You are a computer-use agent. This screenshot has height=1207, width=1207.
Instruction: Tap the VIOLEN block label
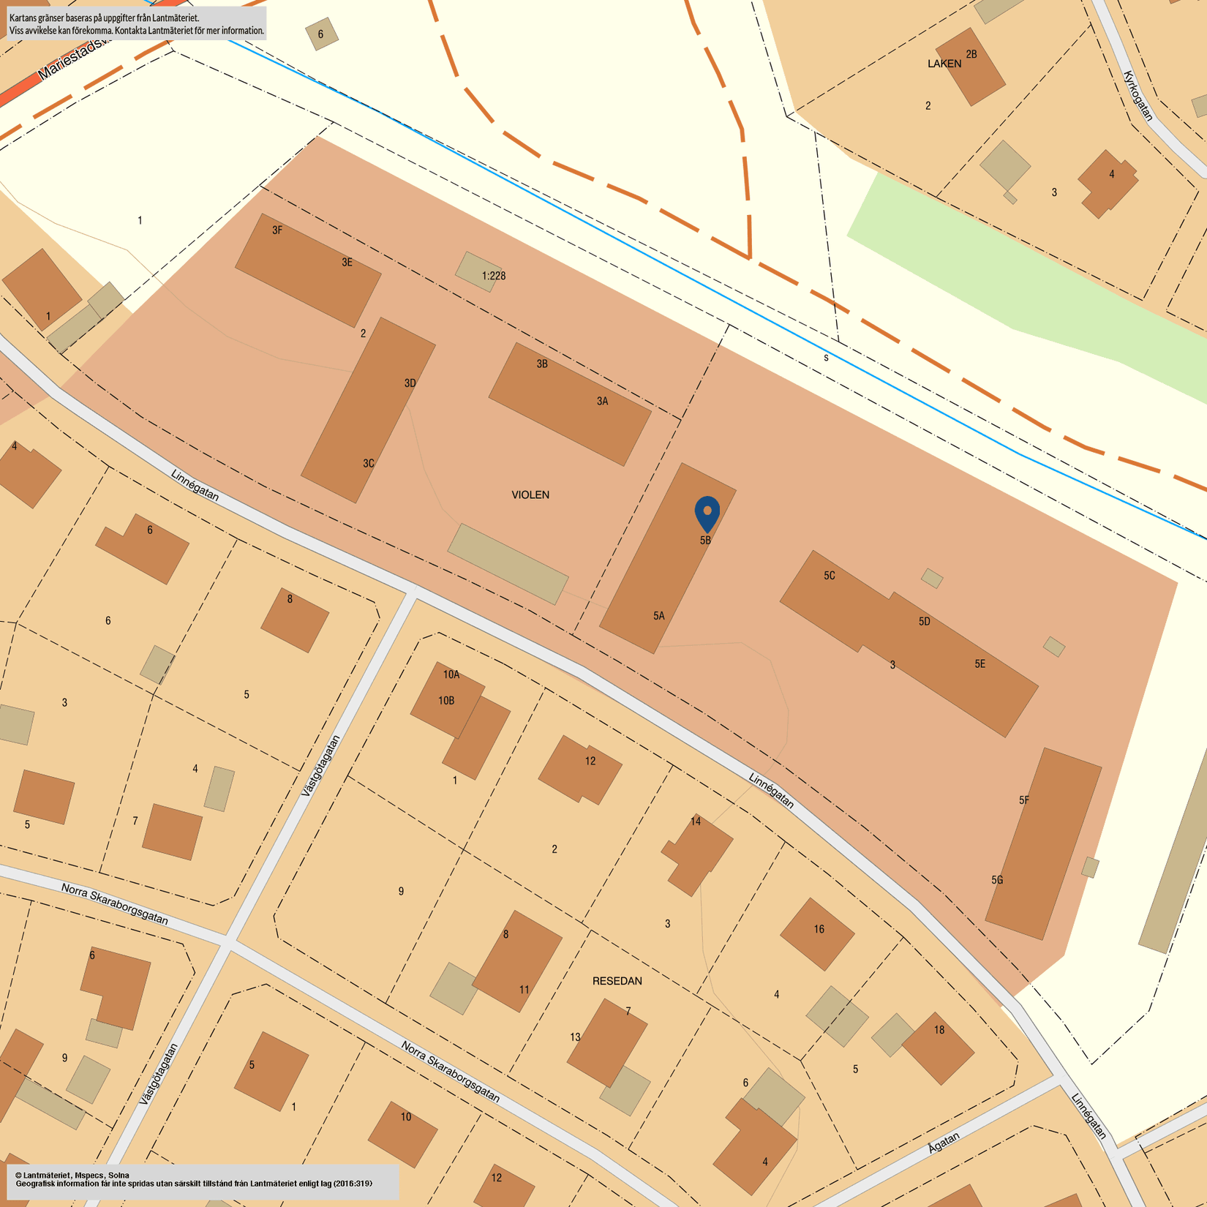[530, 495]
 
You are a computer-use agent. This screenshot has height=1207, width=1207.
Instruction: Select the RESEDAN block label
[617, 981]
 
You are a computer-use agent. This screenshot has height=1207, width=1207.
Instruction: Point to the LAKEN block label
[944, 64]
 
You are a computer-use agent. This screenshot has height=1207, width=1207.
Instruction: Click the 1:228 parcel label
[494, 276]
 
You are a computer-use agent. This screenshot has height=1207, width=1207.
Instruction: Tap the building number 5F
[1023, 800]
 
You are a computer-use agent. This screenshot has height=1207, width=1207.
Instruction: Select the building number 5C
[829, 576]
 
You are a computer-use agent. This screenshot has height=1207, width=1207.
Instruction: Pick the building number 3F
[277, 230]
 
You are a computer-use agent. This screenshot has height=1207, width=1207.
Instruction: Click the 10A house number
[451, 674]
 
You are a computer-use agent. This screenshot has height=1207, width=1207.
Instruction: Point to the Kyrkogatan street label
[1138, 96]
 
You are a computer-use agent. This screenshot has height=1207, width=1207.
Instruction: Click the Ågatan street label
[944, 1143]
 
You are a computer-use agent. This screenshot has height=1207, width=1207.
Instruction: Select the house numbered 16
[818, 930]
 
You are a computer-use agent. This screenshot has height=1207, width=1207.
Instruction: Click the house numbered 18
[939, 1030]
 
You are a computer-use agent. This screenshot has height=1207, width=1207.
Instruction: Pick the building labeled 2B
[971, 54]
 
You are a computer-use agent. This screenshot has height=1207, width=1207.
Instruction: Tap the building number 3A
[602, 401]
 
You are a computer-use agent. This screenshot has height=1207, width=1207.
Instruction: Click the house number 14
[695, 821]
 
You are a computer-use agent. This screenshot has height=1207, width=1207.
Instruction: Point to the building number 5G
[997, 880]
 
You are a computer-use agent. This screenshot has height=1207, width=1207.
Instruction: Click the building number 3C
[369, 463]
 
